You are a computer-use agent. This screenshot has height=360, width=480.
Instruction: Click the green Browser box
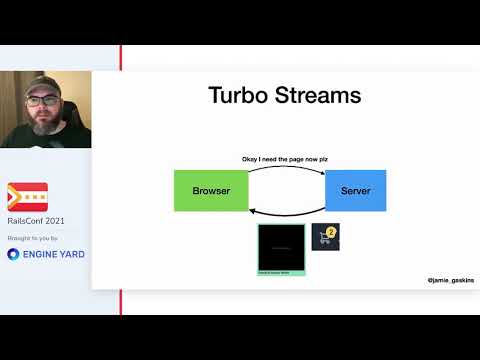(x=211, y=190)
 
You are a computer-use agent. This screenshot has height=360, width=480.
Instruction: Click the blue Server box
(x=355, y=190)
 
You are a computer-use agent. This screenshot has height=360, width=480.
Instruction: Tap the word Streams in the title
(x=320, y=97)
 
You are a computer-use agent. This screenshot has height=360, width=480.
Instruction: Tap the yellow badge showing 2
(x=332, y=231)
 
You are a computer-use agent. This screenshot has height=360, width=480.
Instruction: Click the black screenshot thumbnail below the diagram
(x=281, y=248)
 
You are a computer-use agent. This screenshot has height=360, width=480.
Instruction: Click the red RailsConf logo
(x=27, y=195)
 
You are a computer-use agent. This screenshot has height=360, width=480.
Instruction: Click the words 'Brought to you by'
(x=32, y=239)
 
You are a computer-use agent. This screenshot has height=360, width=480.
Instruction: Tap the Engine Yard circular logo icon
(x=14, y=254)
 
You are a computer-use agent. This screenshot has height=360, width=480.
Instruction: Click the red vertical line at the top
(x=121, y=57)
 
